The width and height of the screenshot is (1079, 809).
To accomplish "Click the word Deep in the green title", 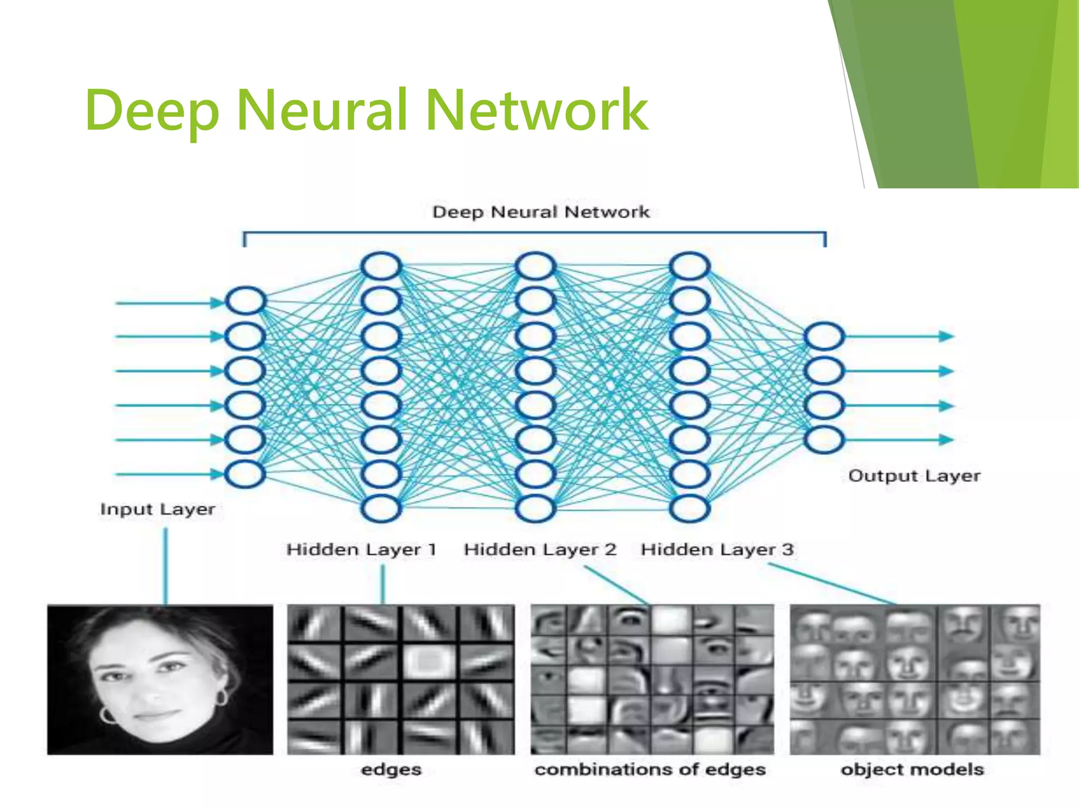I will (152, 111).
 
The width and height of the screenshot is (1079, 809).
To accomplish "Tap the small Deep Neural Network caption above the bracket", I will (541, 212).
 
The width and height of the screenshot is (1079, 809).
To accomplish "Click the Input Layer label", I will (158, 509).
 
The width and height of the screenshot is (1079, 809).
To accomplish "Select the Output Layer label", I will (914, 476).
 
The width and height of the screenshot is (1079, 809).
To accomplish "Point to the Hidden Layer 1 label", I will (361, 549).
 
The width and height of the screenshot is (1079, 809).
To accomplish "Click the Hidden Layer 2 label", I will (540, 549).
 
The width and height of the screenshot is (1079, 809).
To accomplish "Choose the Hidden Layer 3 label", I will (717, 549).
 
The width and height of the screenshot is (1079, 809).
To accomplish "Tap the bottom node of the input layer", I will (245, 473).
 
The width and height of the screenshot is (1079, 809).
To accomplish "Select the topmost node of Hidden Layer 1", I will (381, 267).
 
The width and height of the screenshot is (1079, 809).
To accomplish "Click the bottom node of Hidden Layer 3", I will (689, 508).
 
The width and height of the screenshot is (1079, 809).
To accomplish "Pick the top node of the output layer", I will (824, 337).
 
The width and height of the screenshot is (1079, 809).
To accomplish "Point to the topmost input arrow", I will (169, 303).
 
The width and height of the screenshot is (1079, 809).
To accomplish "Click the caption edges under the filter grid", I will (391, 769).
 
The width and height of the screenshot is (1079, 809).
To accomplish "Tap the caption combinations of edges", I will (650, 769).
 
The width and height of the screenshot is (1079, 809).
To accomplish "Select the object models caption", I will (912, 769).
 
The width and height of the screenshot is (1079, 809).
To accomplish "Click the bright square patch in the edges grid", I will (428, 661).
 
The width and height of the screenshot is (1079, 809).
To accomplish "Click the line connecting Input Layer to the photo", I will (165, 566).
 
